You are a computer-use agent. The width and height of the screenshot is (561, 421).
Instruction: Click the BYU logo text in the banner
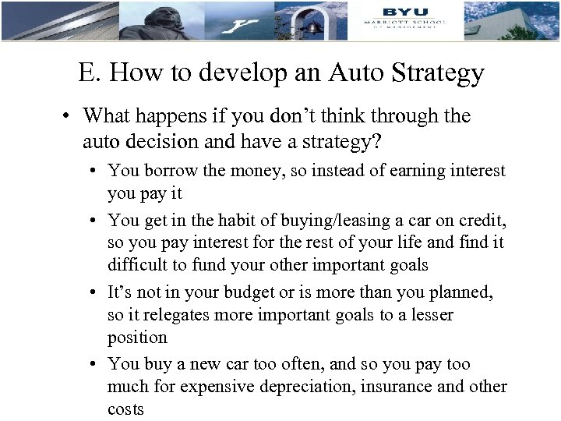coord(404,11)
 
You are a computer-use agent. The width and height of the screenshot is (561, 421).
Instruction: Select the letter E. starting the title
coord(87,73)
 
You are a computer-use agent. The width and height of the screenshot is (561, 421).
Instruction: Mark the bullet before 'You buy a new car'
coord(92,364)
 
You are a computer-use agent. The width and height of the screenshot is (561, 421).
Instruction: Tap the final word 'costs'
coord(126,409)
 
